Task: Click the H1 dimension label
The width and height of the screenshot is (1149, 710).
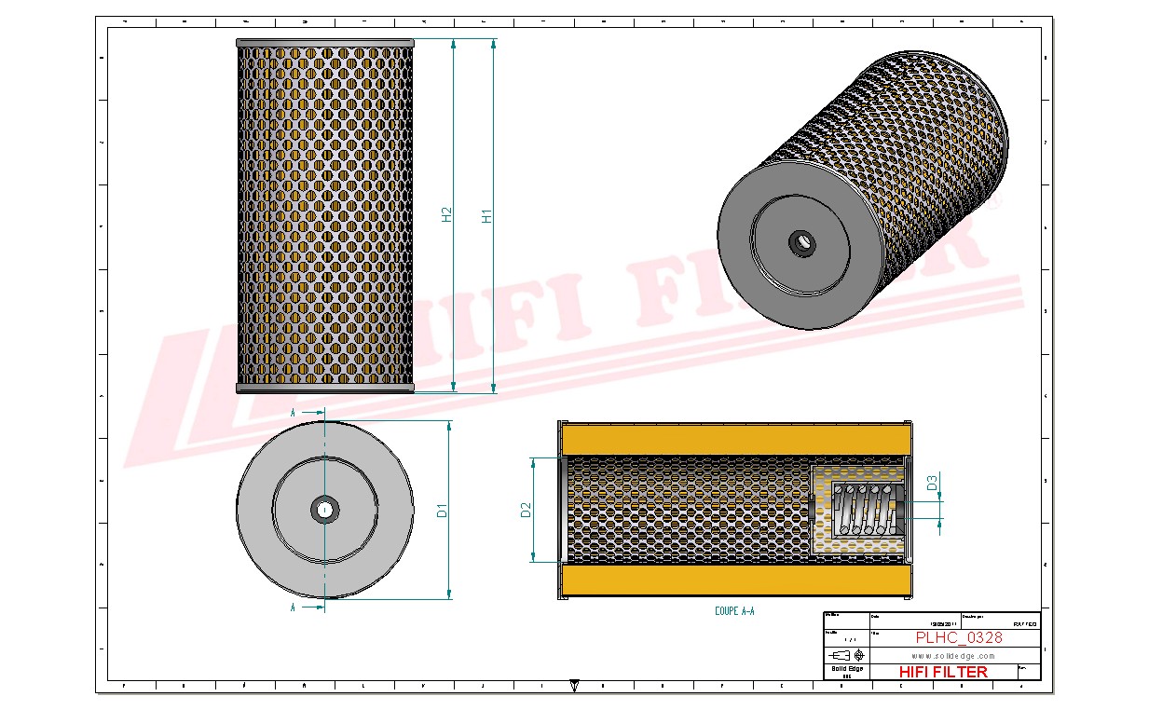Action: [x=486, y=216]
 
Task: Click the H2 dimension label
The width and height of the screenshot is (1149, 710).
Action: [x=446, y=214]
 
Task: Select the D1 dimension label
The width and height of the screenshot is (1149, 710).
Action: [x=443, y=510]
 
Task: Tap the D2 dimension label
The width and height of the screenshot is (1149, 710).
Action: [x=526, y=510]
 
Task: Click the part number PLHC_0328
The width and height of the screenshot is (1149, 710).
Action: [x=959, y=638]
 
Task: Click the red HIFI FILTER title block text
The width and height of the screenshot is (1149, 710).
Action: [x=943, y=672]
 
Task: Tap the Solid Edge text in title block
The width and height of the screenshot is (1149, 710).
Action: [x=846, y=669]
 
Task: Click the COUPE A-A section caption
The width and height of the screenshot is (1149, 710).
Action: [x=734, y=611]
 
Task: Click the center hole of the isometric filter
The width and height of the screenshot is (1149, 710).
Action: [x=800, y=243]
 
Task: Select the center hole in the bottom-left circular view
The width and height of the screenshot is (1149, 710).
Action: [x=324, y=509]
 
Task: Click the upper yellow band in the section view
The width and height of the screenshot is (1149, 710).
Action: [x=734, y=439]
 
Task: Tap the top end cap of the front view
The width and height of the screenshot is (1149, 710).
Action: [x=324, y=43]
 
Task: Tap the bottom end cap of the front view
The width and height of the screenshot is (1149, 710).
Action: [x=324, y=389]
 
